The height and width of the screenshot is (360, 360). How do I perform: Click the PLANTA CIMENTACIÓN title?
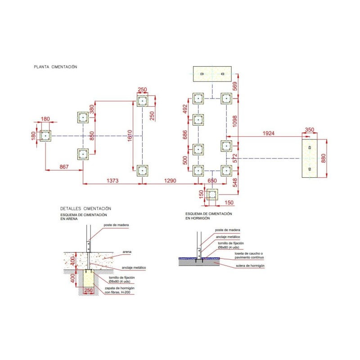pyautogui.click(x=55, y=67)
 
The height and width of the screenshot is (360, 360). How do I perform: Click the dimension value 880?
pyautogui.click(x=330, y=158)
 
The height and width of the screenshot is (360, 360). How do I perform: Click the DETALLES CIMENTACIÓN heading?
pyautogui.click(x=85, y=209)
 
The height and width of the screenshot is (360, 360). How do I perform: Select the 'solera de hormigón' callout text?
pyautogui.click(x=250, y=266)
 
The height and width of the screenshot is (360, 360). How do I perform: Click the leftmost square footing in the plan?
pyautogui.click(x=45, y=135)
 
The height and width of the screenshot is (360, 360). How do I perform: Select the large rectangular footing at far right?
pyautogui.click(x=310, y=158)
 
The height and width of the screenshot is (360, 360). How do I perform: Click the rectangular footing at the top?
pyautogui.click(x=212, y=74)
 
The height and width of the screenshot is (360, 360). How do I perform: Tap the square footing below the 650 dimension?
pyautogui.click(x=211, y=195)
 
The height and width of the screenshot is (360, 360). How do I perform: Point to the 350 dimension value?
pyautogui.click(x=309, y=130)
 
